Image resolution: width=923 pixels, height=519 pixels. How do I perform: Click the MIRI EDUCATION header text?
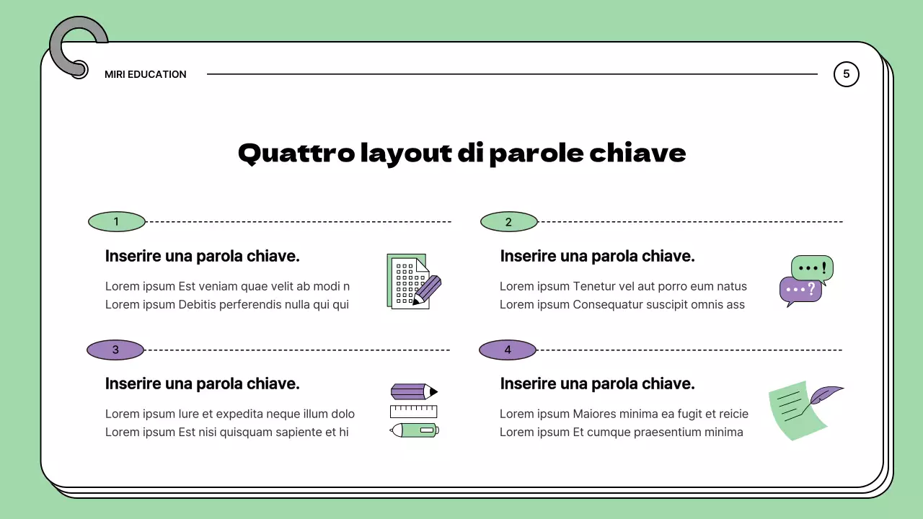click(x=145, y=74)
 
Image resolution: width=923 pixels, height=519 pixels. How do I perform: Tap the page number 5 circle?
click(x=846, y=74)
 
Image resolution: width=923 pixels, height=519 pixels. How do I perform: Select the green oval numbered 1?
click(x=116, y=222)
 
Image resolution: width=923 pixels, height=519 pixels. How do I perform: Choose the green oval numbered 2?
click(x=508, y=222)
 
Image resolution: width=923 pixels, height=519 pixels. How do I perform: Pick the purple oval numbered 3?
click(x=115, y=350)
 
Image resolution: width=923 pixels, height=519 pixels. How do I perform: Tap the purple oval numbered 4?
click(x=508, y=350)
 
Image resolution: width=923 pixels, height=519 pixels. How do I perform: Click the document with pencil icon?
click(x=412, y=282)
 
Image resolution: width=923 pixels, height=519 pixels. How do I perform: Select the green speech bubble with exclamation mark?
click(x=812, y=267)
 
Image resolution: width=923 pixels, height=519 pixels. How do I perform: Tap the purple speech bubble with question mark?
click(x=800, y=290)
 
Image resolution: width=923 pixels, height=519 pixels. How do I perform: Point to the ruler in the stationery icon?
click(x=413, y=412)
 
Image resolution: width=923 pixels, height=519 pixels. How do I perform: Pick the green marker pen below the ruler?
click(x=414, y=430)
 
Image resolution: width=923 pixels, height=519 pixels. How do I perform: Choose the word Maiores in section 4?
click(x=597, y=414)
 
